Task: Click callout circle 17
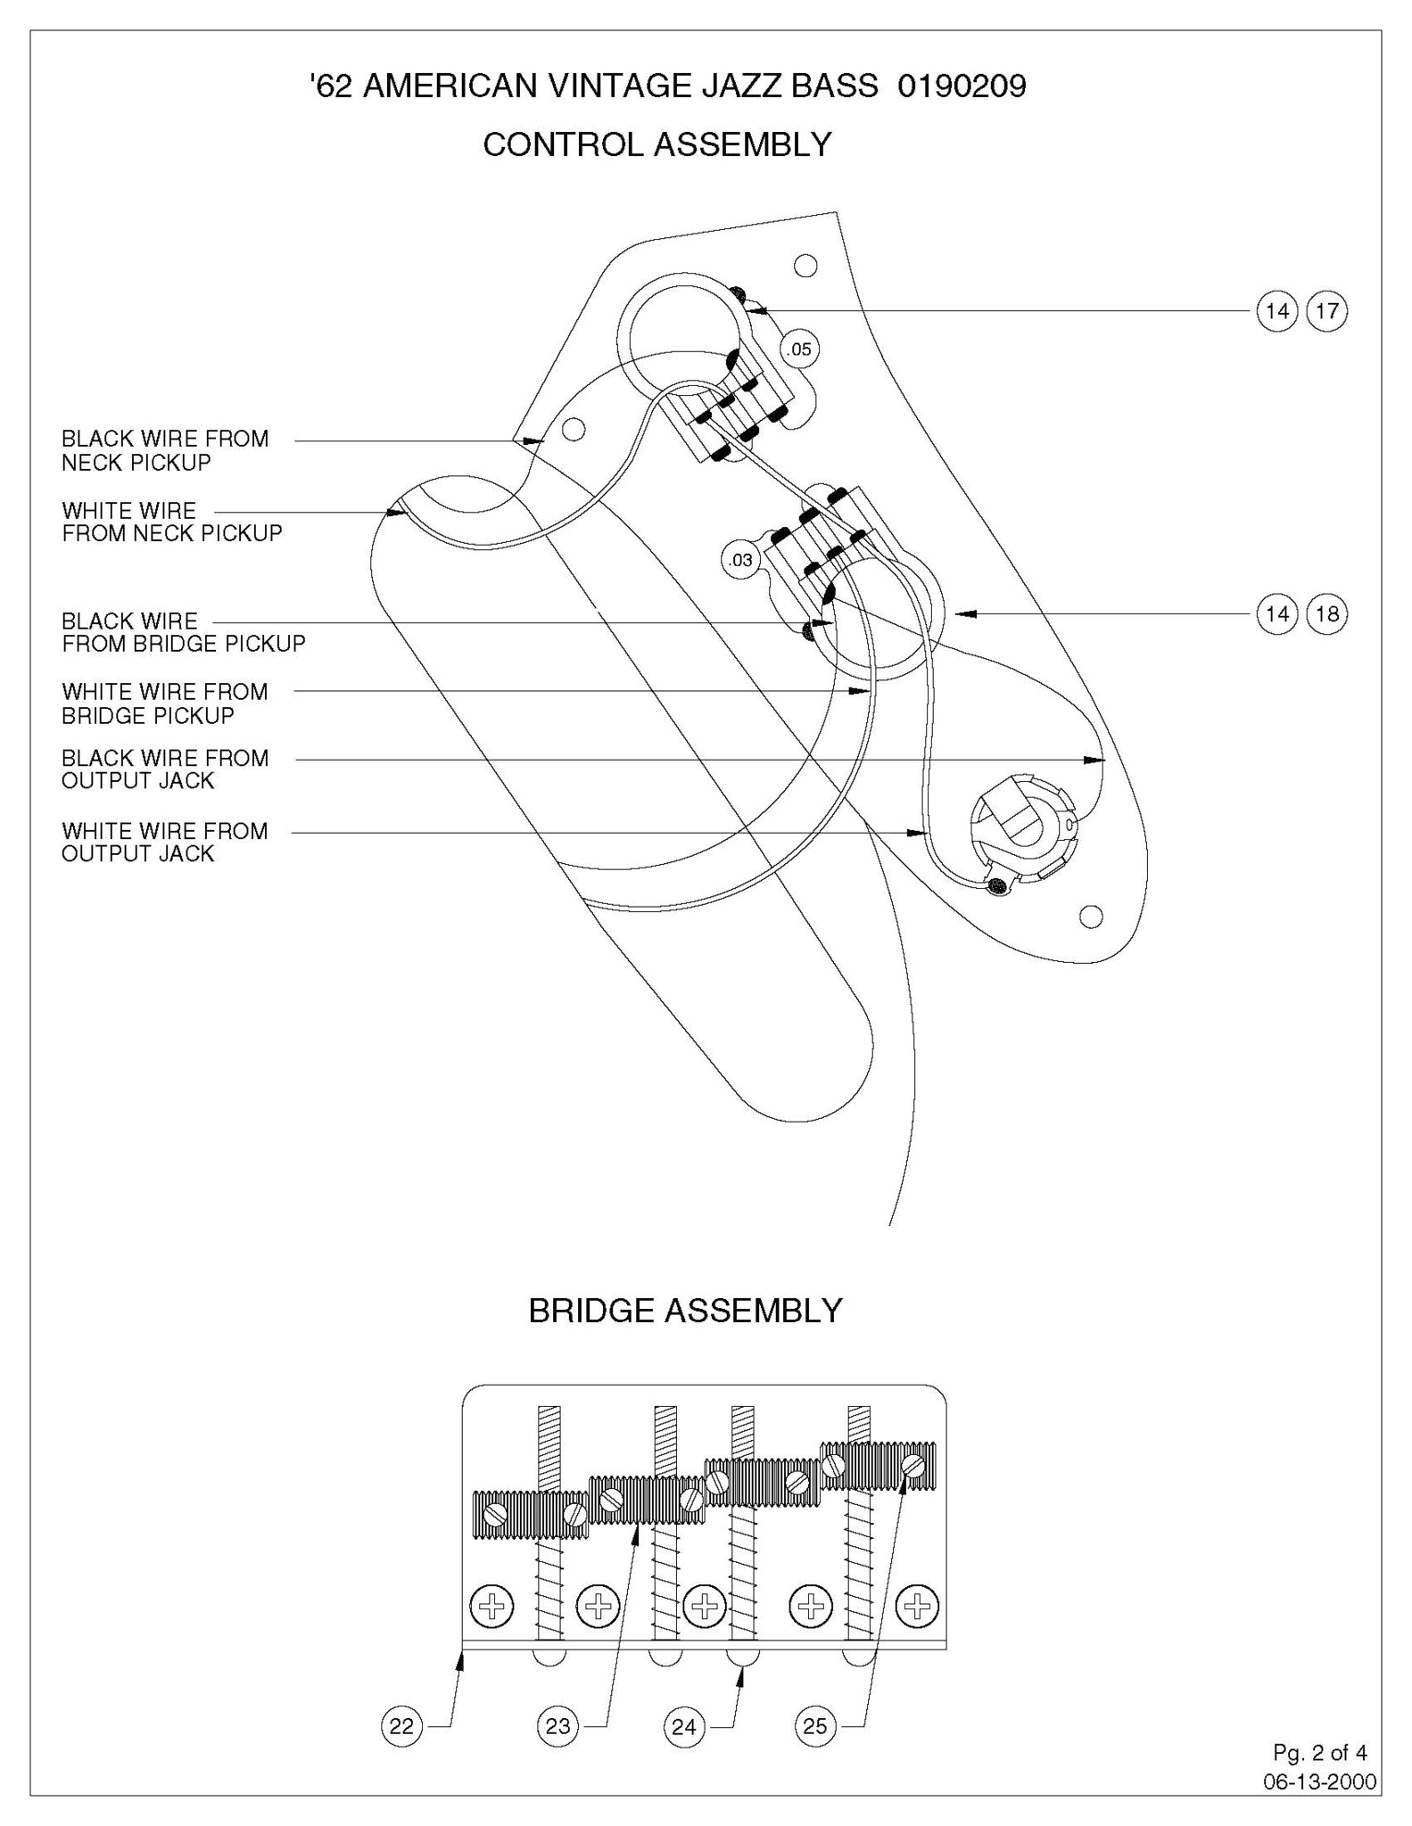point(1326,311)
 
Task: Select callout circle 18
point(1326,614)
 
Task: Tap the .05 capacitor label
point(799,350)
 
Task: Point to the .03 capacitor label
point(740,561)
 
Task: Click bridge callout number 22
point(401,1727)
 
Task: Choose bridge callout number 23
point(557,1727)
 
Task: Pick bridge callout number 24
point(683,1727)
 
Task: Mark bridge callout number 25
point(814,1727)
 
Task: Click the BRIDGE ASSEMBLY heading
point(685,1311)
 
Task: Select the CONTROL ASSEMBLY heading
point(657,144)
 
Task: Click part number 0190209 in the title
point(962,86)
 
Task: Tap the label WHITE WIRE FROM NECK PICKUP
point(172,522)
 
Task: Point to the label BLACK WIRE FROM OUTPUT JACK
point(165,769)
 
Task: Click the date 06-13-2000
point(1319,1782)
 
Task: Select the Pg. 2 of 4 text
point(1319,1753)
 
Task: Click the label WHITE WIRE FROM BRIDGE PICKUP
point(165,703)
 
